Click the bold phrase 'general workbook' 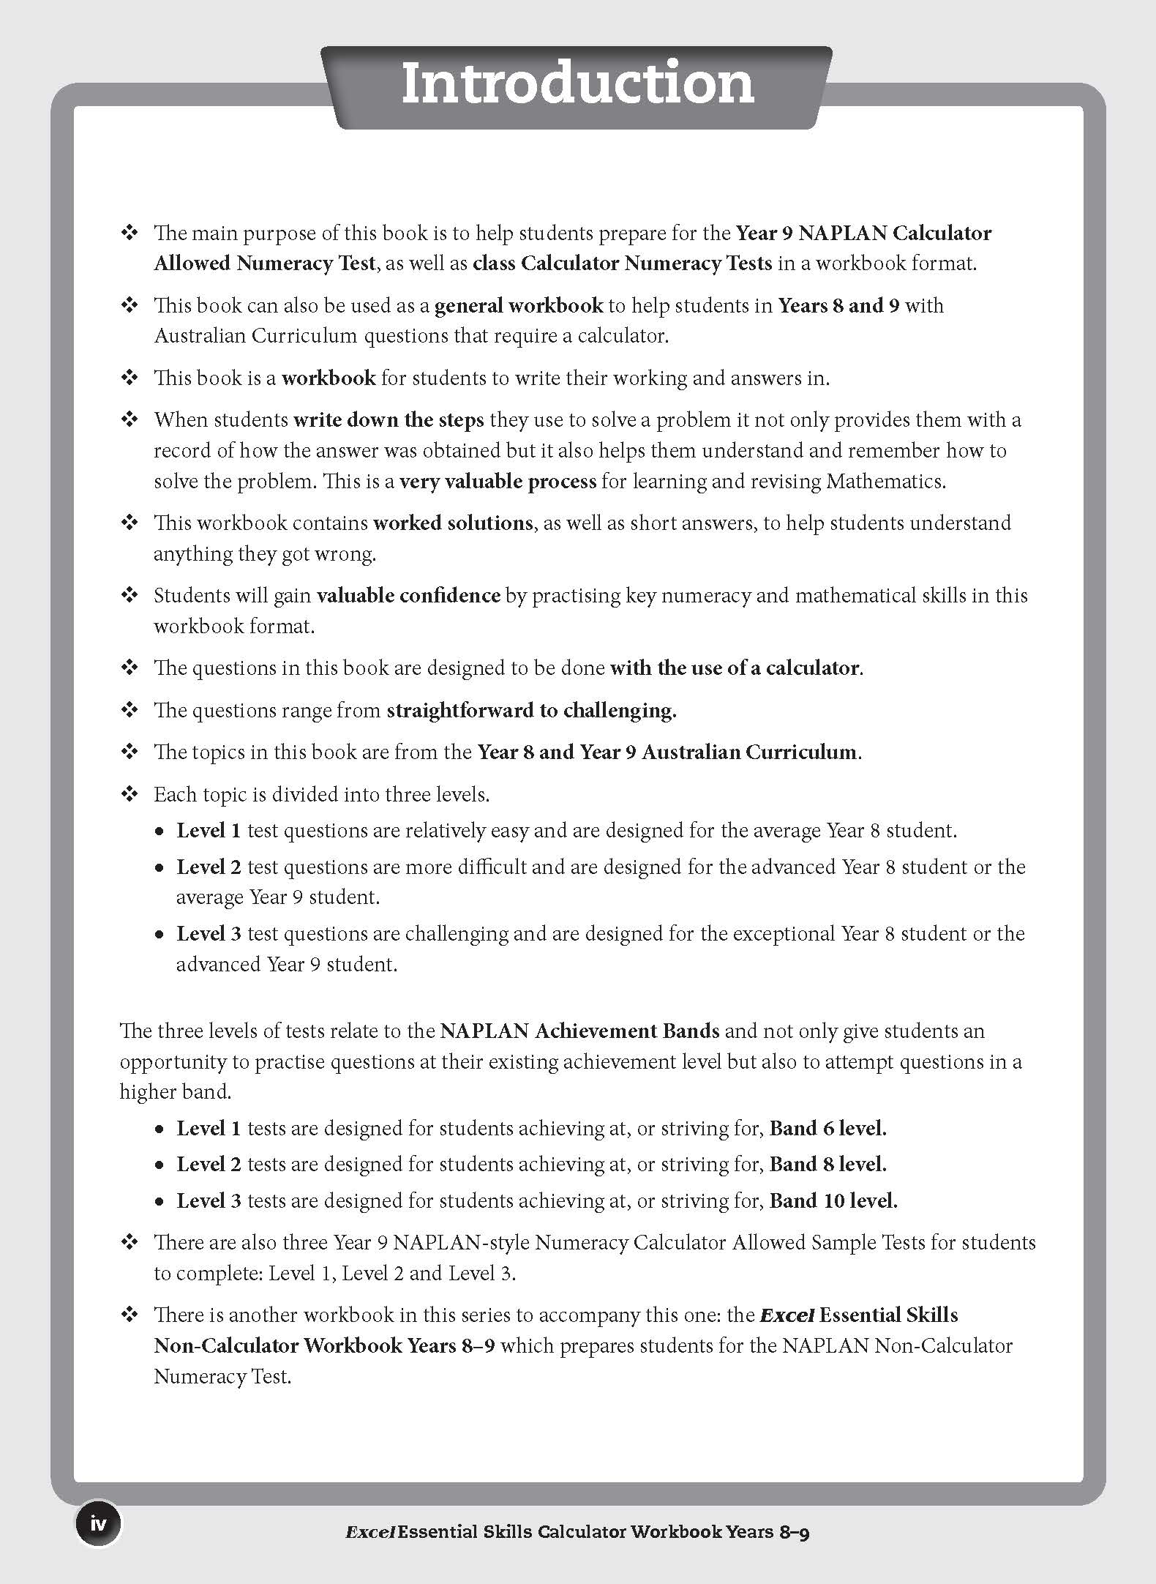point(519,305)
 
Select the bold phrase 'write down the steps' point(389,420)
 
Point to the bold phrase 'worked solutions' point(453,523)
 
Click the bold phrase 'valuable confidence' point(408,596)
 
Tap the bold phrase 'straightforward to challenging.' point(531,711)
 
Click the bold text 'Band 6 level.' point(827,1129)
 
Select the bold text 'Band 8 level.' point(827,1165)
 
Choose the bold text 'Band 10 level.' point(833,1201)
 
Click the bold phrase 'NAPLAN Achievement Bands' point(579,1031)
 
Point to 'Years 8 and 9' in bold point(838,305)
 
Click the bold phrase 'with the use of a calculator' point(735,668)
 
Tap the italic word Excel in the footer point(370,1532)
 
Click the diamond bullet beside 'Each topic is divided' point(130,795)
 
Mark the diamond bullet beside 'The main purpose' point(130,234)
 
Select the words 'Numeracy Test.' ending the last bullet point(222,1377)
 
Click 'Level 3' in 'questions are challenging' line point(209,934)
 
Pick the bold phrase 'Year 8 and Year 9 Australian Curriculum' point(667,752)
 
